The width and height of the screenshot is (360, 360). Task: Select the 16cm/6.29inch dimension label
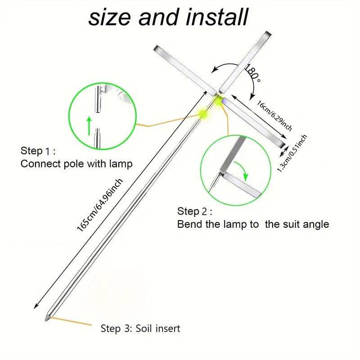[x=274, y=116]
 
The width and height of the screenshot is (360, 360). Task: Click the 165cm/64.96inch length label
[x=99, y=205]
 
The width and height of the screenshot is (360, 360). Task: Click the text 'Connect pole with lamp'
[x=76, y=164]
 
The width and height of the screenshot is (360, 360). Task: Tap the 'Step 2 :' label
[x=195, y=211]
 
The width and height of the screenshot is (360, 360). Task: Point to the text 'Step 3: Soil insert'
[x=140, y=328]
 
